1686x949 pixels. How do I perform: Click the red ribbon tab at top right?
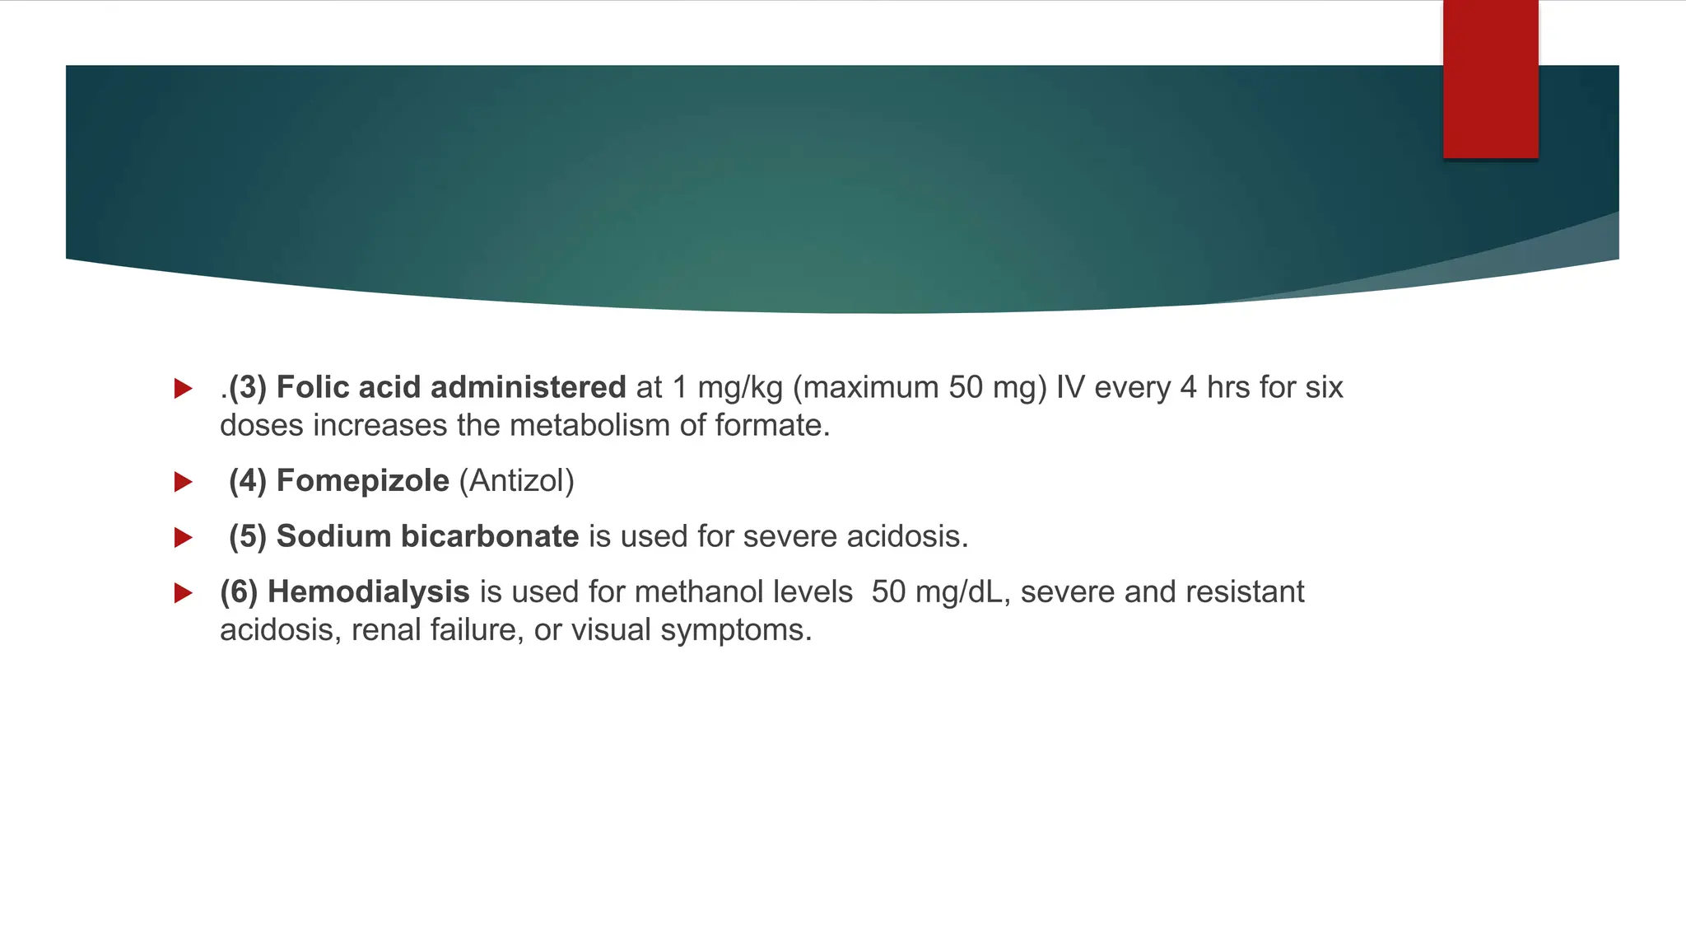point(1490,79)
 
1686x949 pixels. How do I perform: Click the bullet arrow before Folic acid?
point(183,389)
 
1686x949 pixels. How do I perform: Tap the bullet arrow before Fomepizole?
point(183,482)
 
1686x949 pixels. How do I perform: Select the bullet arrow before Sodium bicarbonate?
point(183,538)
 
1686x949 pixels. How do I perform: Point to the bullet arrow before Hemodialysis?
point(183,593)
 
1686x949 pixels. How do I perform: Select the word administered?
point(528,387)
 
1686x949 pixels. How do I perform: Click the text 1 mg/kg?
point(727,387)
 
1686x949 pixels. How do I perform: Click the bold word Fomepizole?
point(362,481)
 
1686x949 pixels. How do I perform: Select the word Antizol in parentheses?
point(516,481)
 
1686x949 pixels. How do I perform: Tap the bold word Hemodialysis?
point(368,592)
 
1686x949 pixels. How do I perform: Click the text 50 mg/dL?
point(937,592)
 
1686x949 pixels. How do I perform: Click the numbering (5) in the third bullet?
point(247,536)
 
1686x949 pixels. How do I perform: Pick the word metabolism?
point(589,426)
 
